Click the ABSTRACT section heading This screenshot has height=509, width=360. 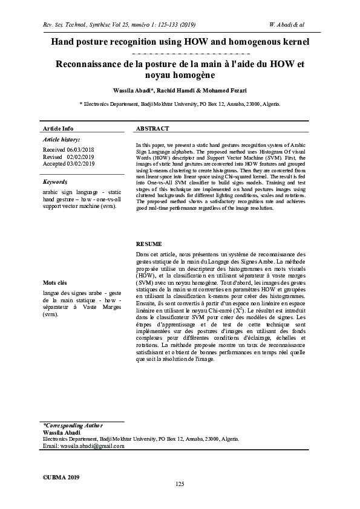point(152,129)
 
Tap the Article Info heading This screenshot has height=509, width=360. point(58,129)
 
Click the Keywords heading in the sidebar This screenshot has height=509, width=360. point(55,181)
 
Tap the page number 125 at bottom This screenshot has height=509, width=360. point(180,484)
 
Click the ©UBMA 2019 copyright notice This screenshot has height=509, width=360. point(61,477)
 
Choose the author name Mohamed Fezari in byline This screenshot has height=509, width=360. point(224,90)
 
